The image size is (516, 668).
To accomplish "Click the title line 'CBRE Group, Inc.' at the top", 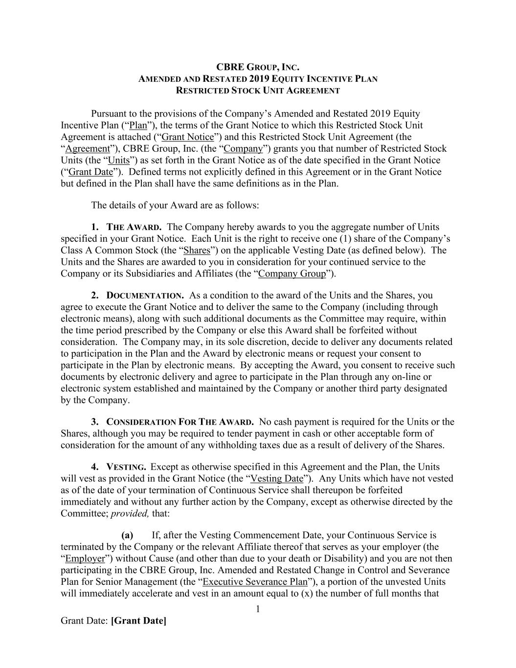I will click(x=258, y=67).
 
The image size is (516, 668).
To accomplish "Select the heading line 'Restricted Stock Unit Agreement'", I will click(x=258, y=91).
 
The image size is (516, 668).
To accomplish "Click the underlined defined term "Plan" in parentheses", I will click(x=138, y=125).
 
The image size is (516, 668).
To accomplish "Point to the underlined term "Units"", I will click(x=119, y=161).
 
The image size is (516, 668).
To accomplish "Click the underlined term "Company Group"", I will click(x=292, y=274).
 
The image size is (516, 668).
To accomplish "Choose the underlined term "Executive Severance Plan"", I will click(x=255, y=582).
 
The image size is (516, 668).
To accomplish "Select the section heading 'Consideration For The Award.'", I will click(x=180, y=422).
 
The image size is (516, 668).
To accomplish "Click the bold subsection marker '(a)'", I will click(x=127, y=535).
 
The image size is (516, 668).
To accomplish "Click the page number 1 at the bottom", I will click(x=258, y=609).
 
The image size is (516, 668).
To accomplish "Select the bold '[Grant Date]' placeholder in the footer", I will click(x=139, y=621).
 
